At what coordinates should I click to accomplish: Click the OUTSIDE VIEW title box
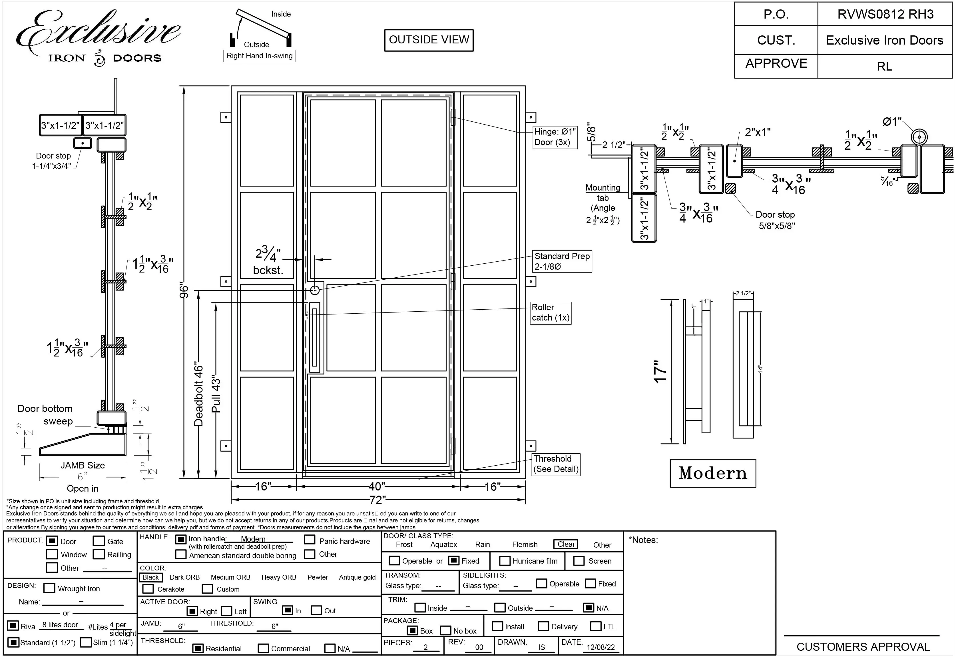point(429,40)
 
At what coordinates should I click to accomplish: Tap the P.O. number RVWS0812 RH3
point(885,15)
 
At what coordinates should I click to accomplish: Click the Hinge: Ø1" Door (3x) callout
point(555,137)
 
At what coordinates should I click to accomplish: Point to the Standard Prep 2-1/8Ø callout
point(562,261)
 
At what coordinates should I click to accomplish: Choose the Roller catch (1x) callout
point(550,313)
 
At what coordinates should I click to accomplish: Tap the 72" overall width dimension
point(377,500)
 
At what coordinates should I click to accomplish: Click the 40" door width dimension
point(377,486)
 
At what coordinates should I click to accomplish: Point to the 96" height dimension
point(184,292)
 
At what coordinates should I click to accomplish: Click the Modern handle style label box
point(713,473)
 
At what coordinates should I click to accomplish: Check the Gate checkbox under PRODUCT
point(99,541)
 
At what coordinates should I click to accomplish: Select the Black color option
point(150,577)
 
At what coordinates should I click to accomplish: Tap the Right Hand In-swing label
point(260,56)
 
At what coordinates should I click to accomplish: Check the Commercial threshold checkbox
point(263,649)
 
